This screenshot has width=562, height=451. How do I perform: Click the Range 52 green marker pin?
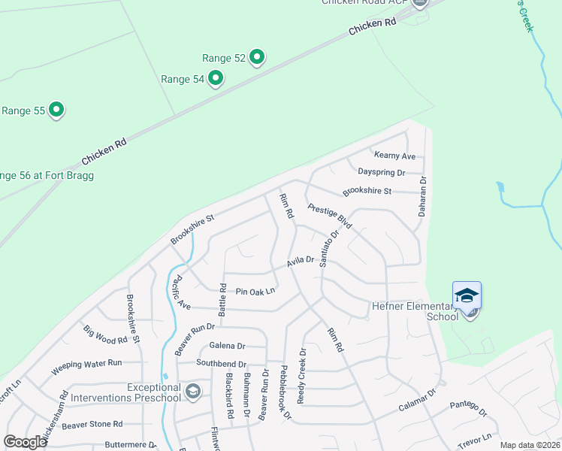257,57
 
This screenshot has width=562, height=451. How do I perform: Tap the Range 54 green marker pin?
216,77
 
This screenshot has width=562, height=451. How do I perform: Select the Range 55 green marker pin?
56,110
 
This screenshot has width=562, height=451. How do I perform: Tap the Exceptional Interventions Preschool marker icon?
193,391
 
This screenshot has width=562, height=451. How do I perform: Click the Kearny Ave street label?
394,156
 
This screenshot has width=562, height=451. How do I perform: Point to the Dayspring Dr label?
381,172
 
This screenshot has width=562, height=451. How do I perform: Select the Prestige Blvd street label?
330,216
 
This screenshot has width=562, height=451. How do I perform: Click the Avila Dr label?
300,262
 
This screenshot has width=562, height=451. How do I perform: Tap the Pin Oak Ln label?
255,291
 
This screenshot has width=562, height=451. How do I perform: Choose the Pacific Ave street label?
180,293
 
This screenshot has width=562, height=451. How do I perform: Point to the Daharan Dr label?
422,195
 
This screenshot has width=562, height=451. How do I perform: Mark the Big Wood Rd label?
105,334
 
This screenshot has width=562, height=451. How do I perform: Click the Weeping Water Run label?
86,368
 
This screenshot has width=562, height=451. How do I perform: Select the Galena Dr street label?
227,346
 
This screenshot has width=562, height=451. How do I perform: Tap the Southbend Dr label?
221,362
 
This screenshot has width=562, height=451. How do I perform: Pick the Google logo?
26,442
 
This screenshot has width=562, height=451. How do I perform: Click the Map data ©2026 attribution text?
530,445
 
